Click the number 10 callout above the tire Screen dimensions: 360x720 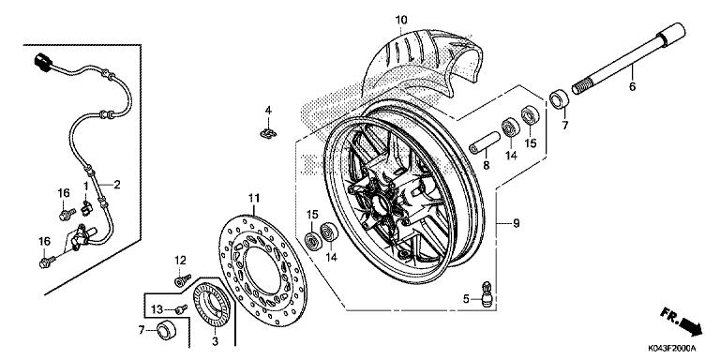point(401,20)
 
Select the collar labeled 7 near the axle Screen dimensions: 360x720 point(557,98)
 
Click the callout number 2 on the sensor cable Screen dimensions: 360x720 point(117,184)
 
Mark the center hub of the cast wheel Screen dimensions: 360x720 point(392,202)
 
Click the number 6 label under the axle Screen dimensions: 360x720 point(631,86)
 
